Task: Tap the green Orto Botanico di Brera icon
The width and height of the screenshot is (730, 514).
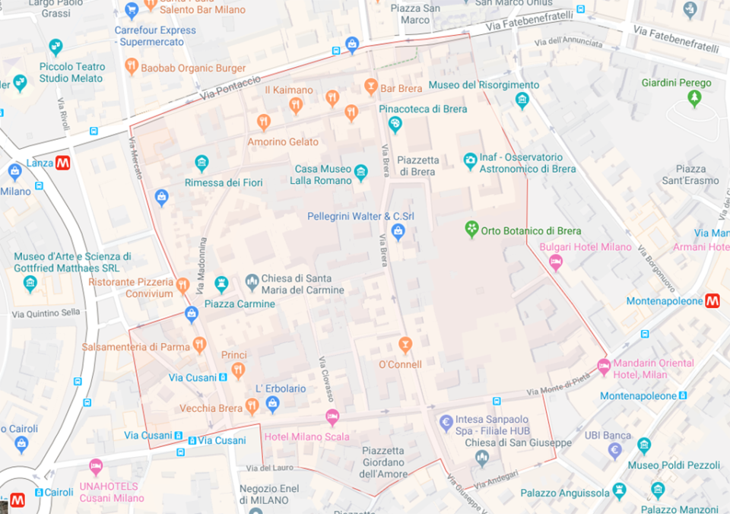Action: click(472, 230)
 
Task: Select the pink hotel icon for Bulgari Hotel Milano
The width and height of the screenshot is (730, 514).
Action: click(556, 262)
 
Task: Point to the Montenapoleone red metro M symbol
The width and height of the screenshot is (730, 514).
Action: click(713, 301)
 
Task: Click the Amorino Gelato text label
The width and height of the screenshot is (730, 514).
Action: click(283, 142)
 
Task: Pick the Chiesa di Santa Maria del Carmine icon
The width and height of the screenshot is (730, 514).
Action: click(252, 284)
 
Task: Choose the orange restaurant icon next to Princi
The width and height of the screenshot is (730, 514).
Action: click(238, 371)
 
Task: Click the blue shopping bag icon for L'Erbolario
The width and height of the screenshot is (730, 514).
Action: click(273, 405)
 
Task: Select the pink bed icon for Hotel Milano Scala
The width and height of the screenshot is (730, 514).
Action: click(332, 417)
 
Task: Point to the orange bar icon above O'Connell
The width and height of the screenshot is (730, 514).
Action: click(405, 345)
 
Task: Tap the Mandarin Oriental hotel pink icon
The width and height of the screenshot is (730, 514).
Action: click(603, 366)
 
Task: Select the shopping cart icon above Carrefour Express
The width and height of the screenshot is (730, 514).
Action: click(132, 11)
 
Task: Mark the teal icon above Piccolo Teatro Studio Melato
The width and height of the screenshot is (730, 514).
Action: click(56, 47)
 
